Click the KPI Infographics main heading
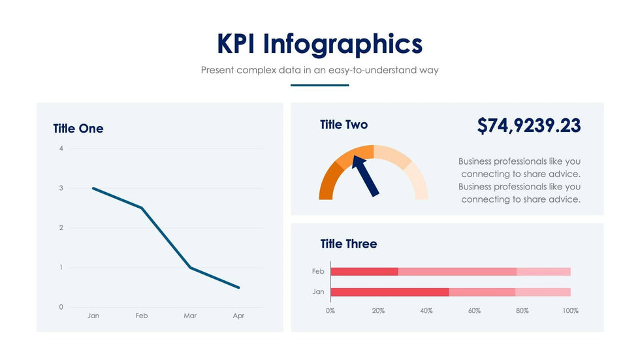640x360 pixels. [319, 44]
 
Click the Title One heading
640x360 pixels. [78, 129]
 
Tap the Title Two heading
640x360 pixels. [344, 125]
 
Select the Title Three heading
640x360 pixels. [348, 244]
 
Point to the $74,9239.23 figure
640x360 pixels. [529, 125]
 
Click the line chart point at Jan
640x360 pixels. [93, 188]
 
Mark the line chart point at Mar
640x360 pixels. [190, 267]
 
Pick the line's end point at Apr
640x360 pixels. [239, 287]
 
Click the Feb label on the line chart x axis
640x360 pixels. [142, 316]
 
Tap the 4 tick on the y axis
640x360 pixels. [61, 148]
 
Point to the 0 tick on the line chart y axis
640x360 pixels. [61, 307]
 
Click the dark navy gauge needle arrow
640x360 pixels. [365, 174]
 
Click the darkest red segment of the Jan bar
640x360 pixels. [390, 292]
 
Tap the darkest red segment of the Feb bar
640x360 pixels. [364, 271]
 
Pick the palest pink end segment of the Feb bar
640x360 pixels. [543, 271]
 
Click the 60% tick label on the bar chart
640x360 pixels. [474, 311]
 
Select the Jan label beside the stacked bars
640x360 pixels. [318, 292]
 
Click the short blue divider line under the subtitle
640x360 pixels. [319, 85]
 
